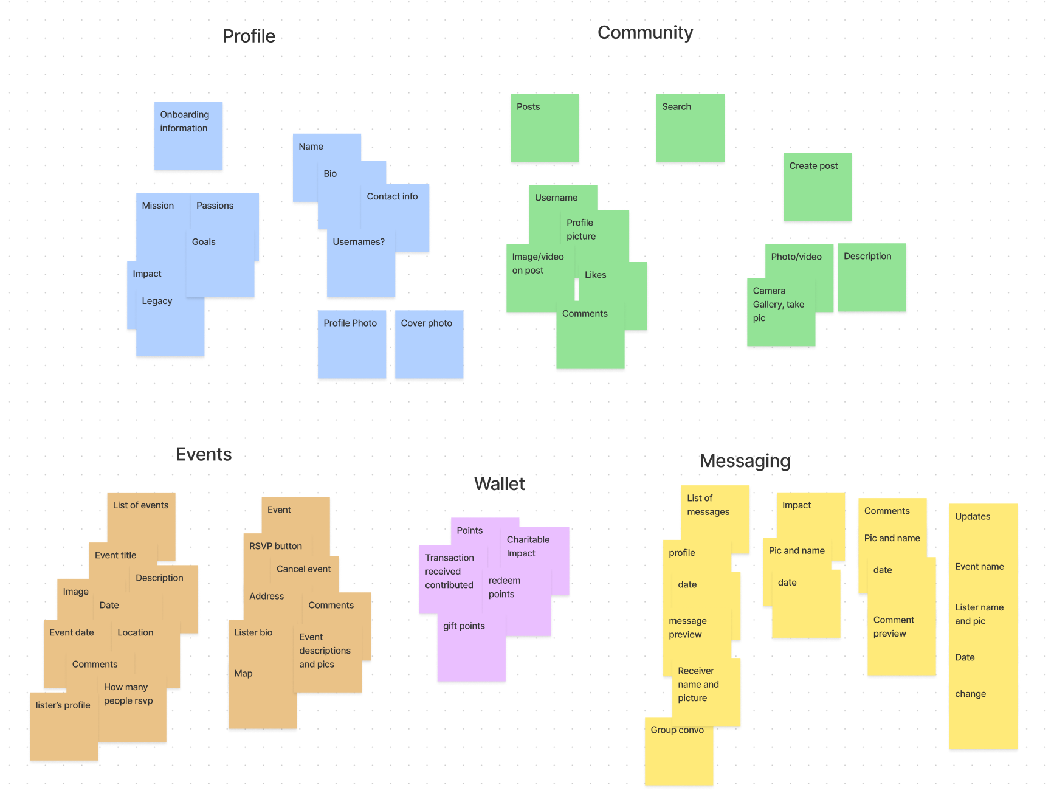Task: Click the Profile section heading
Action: click(x=249, y=36)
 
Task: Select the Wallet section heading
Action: click(x=499, y=484)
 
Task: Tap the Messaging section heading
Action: click(x=745, y=461)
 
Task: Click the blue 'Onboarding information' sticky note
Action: click(x=188, y=136)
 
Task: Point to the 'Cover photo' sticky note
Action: click(x=429, y=344)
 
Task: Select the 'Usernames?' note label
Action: click(x=359, y=242)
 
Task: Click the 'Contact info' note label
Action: click(x=392, y=196)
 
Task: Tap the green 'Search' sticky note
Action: click(x=690, y=128)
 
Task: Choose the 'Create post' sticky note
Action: click(x=817, y=187)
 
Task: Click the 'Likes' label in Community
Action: click(x=595, y=275)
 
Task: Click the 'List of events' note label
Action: click(x=140, y=505)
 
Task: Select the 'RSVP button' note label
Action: click(x=275, y=546)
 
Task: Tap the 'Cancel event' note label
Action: click(x=303, y=569)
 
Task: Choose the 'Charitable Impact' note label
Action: click(x=528, y=546)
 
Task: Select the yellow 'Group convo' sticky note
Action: click(x=678, y=752)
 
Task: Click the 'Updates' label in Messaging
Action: click(x=972, y=517)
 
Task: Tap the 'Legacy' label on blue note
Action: click(x=157, y=301)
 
